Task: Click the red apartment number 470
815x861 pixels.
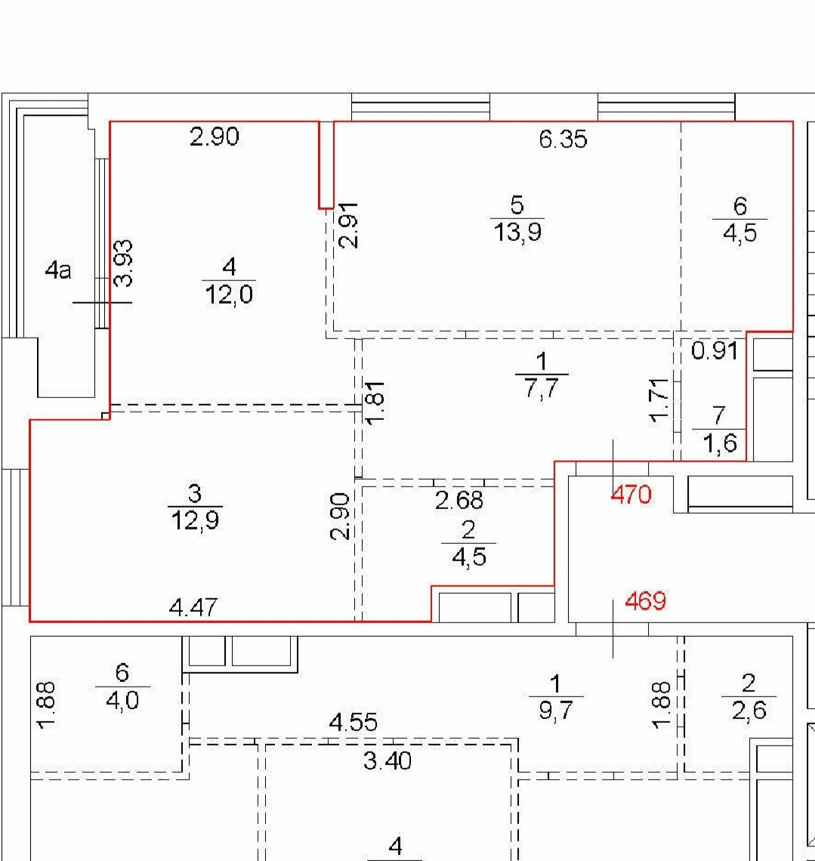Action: pyautogui.click(x=631, y=495)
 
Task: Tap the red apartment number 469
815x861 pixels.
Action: pyautogui.click(x=645, y=600)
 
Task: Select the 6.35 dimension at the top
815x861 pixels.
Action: pyautogui.click(x=563, y=140)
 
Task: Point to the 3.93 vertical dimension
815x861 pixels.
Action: pyautogui.click(x=124, y=263)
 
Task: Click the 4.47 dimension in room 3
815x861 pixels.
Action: pyautogui.click(x=194, y=608)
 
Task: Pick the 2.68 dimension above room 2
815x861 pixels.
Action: pyautogui.click(x=459, y=500)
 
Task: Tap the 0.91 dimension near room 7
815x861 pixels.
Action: pyautogui.click(x=715, y=350)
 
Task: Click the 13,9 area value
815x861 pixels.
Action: pyautogui.click(x=517, y=232)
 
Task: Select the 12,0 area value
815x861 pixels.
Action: pyautogui.click(x=229, y=295)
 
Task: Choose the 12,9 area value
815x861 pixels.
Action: pyautogui.click(x=195, y=520)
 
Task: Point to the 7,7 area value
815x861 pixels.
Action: pyautogui.click(x=542, y=389)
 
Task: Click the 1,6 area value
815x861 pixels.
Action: pyautogui.click(x=719, y=443)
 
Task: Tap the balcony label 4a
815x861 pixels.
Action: pyautogui.click(x=58, y=270)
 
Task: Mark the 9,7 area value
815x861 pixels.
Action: pyautogui.click(x=556, y=711)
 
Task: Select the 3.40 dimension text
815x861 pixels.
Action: pyautogui.click(x=387, y=761)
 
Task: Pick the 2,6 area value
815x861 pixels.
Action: pyautogui.click(x=749, y=711)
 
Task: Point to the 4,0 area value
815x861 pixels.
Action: pyautogui.click(x=122, y=701)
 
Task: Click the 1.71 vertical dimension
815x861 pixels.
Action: pyautogui.click(x=659, y=401)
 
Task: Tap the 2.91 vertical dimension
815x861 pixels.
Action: pyautogui.click(x=348, y=225)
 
